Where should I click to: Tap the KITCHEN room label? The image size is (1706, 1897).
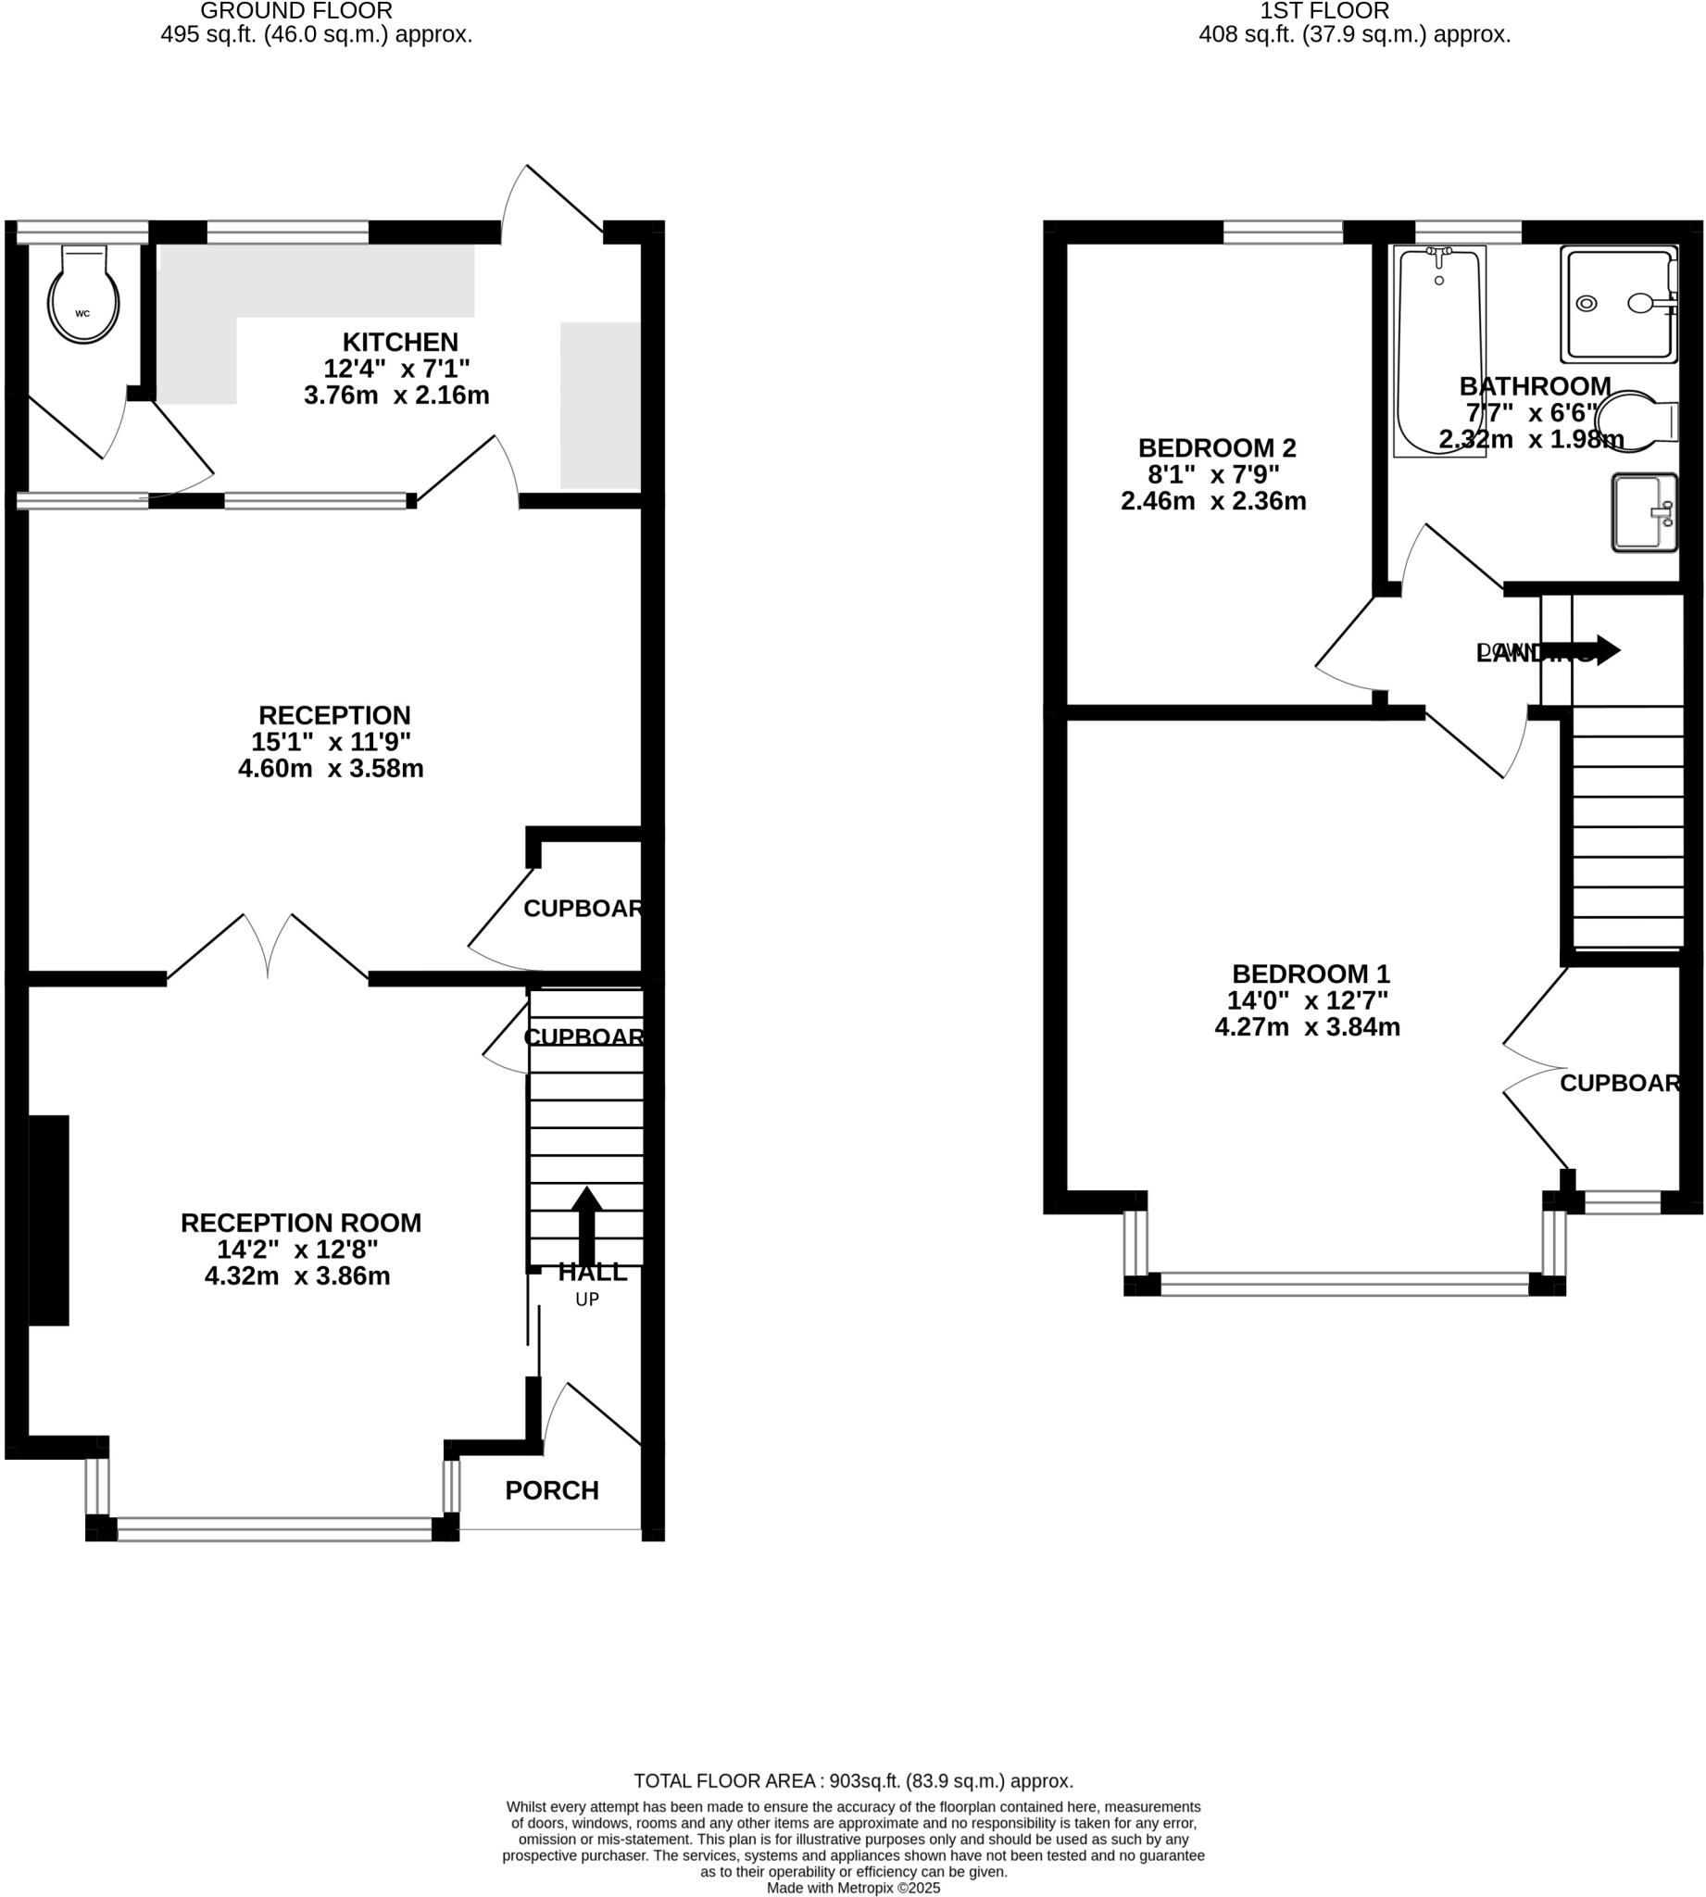[x=399, y=342]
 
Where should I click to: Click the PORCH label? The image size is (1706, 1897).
[x=551, y=1490]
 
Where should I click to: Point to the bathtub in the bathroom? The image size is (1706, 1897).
[x=1439, y=351]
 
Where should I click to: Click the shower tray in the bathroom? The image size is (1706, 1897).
[x=1618, y=304]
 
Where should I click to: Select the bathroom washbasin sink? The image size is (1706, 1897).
[x=1643, y=511]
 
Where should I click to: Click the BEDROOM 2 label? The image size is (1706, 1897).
[x=1217, y=448]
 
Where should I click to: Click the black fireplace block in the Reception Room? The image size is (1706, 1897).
[x=49, y=1220]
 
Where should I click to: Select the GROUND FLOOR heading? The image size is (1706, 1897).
[x=296, y=11]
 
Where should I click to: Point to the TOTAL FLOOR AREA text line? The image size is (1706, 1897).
[x=853, y=1781]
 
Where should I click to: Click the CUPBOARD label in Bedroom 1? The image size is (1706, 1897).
[x=1620, y=1084]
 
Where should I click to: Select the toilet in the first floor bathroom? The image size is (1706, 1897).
[x=1633, y=419]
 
